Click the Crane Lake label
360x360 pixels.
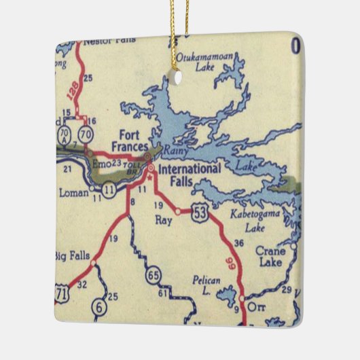(271, 255)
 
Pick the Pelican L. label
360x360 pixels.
(206, 284)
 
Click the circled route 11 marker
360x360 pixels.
(109, 187)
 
